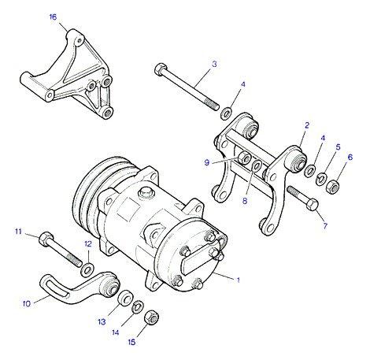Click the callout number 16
tap(53, 17)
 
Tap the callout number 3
tap(214, 64)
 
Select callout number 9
tap(207, 163)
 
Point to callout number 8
tap(245, 201)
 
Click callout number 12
tap(88, 244)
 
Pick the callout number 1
tap(239, 280)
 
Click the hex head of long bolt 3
tap(160, 69)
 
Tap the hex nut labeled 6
tap(331, 187)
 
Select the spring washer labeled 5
tap(320, 180)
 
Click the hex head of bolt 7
tap(313, 205)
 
